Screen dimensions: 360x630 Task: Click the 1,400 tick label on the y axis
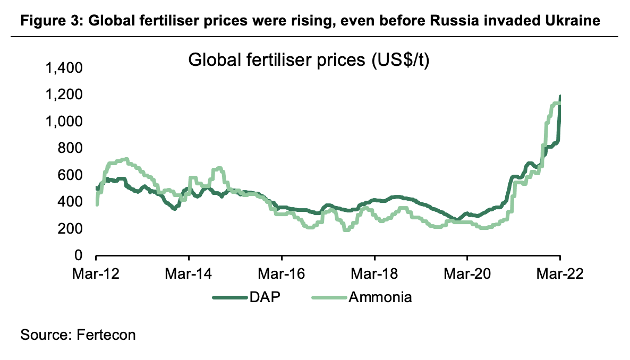64,68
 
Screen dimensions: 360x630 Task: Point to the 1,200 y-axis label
64,95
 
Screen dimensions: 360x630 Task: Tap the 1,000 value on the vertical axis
64,122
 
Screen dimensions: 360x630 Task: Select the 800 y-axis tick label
70,148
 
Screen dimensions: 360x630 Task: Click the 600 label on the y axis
70,175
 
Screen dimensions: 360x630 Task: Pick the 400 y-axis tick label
70,202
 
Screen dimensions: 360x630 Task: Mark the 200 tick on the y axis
70,229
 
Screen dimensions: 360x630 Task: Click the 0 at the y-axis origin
79,255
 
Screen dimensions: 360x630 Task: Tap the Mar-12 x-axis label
96,275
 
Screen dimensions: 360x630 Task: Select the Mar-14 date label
189,275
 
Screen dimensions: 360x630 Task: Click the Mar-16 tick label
282,275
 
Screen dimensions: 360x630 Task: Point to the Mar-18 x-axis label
374,275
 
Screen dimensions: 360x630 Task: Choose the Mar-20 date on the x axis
467,275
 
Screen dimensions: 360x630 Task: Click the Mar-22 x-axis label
560,275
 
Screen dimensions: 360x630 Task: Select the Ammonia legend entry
380,297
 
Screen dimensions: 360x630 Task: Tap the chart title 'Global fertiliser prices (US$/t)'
309,60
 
